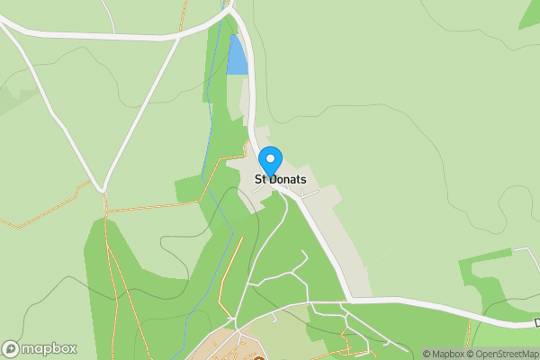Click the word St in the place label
pos(260,179)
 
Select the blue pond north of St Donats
pos(237,56)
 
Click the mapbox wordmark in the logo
pos(49,349)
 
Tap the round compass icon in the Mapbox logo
pos(12,349)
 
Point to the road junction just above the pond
pos(232,13)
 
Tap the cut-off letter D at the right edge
pos(536,322)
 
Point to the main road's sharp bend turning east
pos(349,297)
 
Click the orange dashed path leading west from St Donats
pos(162,206)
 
